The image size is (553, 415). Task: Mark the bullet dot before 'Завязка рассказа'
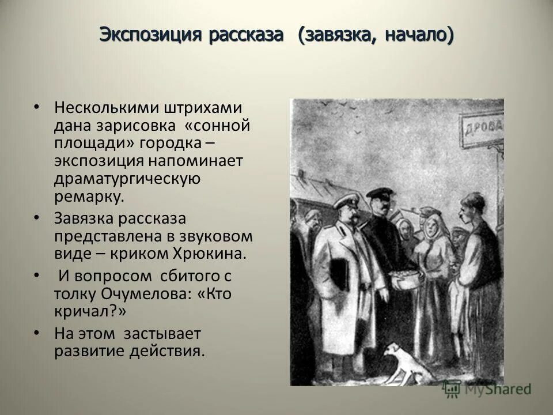(x=37, y=218)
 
